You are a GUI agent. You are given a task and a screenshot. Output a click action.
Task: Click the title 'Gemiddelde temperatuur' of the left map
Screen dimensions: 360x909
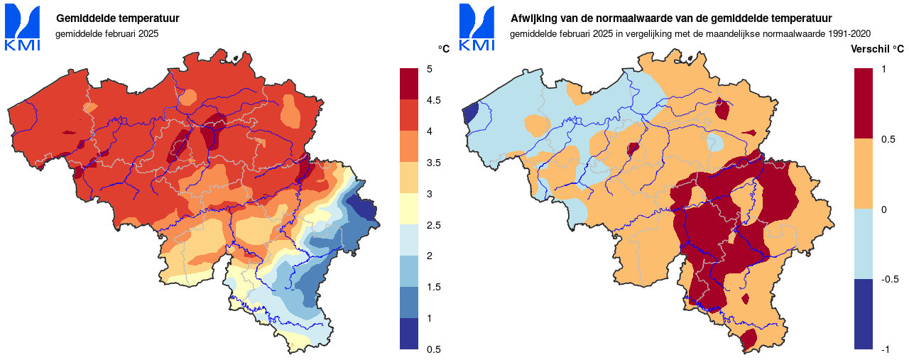(117, 18)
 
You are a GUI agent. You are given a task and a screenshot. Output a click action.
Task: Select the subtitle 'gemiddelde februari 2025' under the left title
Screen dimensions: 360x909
(107, 33)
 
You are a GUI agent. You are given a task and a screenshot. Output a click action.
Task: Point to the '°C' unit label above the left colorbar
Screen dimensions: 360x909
(444, 49)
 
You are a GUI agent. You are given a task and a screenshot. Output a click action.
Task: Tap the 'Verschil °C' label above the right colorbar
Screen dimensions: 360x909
(878, 49)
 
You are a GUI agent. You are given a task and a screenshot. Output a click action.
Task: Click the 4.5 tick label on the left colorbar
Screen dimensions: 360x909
(432, 100)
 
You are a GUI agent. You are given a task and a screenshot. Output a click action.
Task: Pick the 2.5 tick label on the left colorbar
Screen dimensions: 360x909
(432, 225)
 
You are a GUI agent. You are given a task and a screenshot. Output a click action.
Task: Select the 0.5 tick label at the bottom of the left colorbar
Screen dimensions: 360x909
(432, 349)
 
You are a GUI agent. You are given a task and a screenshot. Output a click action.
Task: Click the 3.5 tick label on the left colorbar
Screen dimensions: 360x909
(432, 163)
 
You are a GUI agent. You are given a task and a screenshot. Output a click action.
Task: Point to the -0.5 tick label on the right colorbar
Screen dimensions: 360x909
(888, 279)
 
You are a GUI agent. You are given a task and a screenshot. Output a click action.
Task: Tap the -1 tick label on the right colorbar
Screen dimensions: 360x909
(884, 349)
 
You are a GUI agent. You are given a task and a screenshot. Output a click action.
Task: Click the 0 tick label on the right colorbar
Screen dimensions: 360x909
(883, 209)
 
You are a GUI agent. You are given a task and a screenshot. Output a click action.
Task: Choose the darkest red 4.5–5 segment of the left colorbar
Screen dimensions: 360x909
(409, 84)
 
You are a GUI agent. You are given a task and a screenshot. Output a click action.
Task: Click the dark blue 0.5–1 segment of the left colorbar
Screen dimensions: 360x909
(409, 334)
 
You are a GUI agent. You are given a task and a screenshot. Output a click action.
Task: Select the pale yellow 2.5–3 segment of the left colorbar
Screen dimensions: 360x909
(409, 209)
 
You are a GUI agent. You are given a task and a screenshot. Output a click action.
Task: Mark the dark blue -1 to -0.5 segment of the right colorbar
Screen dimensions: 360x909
(863, 314)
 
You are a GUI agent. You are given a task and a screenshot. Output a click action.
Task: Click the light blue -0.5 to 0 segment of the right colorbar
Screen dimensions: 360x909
(863, 244)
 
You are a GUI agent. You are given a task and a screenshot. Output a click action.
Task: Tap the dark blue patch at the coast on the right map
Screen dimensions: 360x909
(469, 114)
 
